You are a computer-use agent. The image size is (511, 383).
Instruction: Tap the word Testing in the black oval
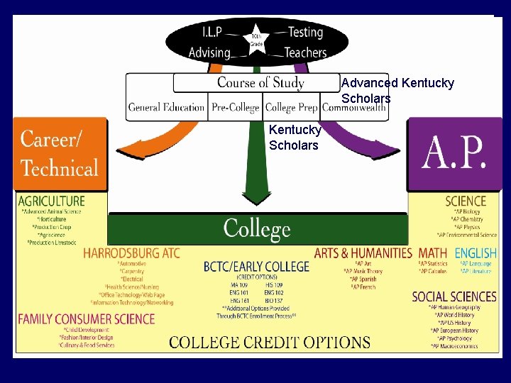(x=305, y=32)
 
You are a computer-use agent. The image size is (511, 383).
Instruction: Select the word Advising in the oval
(x=209, y=52)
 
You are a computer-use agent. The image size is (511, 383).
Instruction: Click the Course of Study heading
(x=260, y=83)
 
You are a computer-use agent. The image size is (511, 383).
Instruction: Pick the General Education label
(x=166, y=108)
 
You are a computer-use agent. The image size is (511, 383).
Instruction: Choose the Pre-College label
(x=236, y=108)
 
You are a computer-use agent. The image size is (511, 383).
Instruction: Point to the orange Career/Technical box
(x=60, y=153)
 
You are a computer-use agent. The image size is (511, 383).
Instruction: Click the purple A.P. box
(x=454, y=153)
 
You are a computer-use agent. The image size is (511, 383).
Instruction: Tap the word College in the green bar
(x=257, y=229)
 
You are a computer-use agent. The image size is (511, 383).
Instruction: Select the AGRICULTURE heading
(x=51, y=201)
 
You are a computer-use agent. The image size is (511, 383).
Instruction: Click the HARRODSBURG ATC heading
(x=131, y=253)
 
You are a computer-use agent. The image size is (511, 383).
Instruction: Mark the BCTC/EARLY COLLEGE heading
(x=256, y=267)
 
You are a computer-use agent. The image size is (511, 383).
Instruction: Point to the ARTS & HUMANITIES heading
(x=363, y=253)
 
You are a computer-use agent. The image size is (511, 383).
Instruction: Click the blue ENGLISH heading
(x=476, y=253)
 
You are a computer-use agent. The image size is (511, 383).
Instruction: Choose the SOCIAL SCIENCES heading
(x=454, y=296)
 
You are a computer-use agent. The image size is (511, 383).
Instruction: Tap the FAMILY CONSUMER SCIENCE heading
(x=86, y=319)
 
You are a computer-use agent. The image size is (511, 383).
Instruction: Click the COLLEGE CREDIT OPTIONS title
(x=270, y=342)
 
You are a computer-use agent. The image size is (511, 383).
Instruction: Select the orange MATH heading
(x=432, y=253)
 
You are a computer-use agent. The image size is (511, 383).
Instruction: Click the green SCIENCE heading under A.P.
(x=466, y=201)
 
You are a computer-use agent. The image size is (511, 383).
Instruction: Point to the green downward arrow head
(x=256, y=199)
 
